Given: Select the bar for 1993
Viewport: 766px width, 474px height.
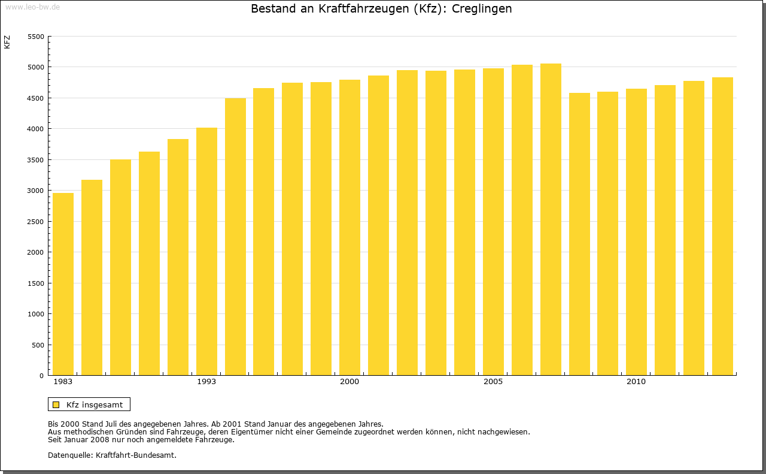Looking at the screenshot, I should coord(206,252).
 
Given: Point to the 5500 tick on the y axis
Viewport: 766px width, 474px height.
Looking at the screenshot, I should coord(37,37).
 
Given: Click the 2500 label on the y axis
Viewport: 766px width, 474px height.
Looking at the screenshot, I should coord(37,222).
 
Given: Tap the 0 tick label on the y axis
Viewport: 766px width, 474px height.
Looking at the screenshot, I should coord(41,376).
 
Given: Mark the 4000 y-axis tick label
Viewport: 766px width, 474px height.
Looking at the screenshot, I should coord(37,129).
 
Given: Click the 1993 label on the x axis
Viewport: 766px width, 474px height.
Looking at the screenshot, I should coord(206,382).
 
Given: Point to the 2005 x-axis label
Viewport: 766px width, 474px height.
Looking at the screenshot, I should coord(493,382).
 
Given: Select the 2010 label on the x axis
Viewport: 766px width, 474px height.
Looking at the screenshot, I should coord(636,382).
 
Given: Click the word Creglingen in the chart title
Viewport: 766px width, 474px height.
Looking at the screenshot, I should coord(482,9).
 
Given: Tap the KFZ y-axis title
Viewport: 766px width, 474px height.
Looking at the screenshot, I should coord(7,42).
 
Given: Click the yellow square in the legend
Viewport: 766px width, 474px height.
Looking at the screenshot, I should coord(56,405).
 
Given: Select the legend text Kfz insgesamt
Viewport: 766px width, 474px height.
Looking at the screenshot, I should coord(95,405).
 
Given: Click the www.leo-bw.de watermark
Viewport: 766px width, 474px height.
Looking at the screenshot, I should coord(32,7).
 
